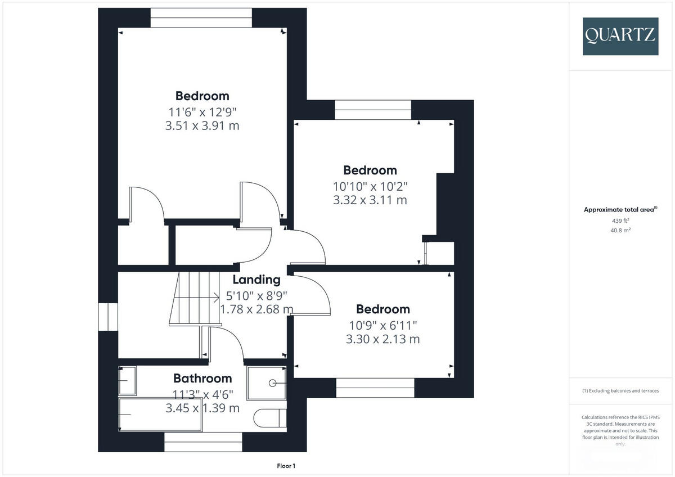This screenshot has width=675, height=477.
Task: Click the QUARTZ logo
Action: pos(620,36)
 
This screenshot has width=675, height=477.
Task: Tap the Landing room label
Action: pos(256,280)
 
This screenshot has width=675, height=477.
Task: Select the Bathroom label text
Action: pos(202,379)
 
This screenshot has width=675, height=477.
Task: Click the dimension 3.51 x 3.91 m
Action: pos(202,125)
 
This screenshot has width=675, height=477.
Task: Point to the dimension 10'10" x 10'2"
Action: pos(370,186)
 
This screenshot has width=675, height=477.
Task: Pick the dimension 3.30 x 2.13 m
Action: pos(382,339)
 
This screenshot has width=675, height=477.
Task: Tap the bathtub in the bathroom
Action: pos(161,415)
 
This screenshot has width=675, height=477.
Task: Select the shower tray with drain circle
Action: pos(267,383)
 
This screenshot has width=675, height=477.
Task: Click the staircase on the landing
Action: pos(194,298)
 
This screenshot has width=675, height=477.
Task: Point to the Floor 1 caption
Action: pos(286,466)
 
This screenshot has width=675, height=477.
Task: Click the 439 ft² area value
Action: pos(620,220)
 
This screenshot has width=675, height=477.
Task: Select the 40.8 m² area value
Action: pos(620,230)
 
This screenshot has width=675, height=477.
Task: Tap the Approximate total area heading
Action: pos(620,210)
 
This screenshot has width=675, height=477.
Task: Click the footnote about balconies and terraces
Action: pos(620,391)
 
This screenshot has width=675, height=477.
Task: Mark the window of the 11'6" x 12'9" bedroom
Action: pos(201,18)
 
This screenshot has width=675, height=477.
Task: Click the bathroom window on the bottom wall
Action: pos(203,442)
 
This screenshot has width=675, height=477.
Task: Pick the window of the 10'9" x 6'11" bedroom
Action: pos(375,388)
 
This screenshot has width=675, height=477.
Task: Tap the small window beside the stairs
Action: pos(108,317)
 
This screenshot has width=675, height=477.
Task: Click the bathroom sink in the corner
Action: pos(127,381)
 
